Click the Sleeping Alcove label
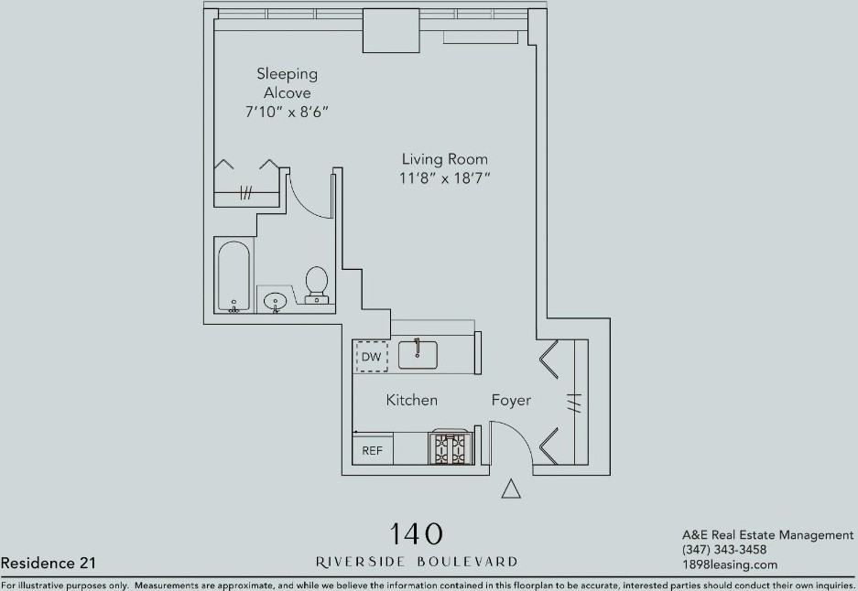[287, 82]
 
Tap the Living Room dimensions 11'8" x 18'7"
[444, 178]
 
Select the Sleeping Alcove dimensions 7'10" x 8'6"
[287, 113]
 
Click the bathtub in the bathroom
[234, 276]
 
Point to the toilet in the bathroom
[316, 285]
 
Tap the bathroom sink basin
[275, 301]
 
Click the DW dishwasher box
[372, 357]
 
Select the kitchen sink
[418, 354]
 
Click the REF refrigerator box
[372, 449]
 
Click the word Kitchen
[411, 400]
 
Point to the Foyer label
[511, 400]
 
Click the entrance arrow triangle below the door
[511, 489]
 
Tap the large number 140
[416, 534]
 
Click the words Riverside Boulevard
[417, 562]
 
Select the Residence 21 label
[49, 563]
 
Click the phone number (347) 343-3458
[724, 550]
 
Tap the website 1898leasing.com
[730, 564]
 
